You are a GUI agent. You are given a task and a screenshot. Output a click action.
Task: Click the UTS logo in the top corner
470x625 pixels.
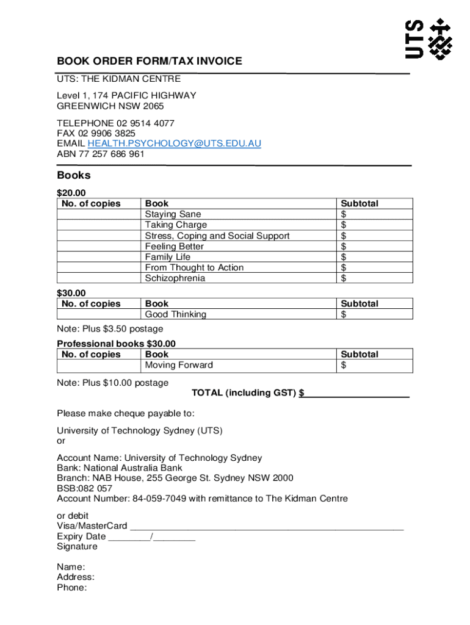pyautogui.click(x=429, y=39)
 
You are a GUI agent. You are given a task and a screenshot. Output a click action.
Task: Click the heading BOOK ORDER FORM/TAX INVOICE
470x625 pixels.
pyautogui.click(x=150, y=61)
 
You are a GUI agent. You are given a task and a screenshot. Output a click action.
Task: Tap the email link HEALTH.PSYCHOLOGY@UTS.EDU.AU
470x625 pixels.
pyautogui.click(x=175, y=143)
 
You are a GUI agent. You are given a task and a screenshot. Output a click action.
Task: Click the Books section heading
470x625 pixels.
pyautogui.click(x=74, y=176)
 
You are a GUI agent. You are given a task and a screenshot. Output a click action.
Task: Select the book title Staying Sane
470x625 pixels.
pyautogui.click(x=173, y=214)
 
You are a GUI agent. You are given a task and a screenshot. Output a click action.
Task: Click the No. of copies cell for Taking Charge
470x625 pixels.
pyautogui.click(x=98, y=225)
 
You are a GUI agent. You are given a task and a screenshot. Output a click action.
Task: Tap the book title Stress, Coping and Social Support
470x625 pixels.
pyautogui.click(x=217, y=236)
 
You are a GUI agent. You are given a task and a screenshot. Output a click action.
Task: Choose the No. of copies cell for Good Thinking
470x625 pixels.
pyautogui.click(x=98, y=314)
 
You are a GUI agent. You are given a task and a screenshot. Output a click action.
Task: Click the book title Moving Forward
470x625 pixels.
pyautogui.click(x=179, y=365)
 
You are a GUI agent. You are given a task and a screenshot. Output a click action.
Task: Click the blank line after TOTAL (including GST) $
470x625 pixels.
pyautogui.click(x=356, y=393)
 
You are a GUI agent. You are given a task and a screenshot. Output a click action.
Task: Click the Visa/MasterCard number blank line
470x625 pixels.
pyautogui.click(x=267, y=526)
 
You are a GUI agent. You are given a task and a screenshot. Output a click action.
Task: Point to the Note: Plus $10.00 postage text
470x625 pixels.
pyautogui.click(x=113, y=383)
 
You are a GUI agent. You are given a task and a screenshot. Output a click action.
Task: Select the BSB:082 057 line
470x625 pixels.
pyautogui.click(x=85, y=488)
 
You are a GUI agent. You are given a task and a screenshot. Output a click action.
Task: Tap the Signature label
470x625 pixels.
pyautogui.click(x=77, y=546)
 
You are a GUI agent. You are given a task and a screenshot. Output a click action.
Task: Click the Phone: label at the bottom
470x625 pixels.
pyautogui.click(x=72, y=588)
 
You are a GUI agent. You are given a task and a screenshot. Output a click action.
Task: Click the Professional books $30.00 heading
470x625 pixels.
pyautogui.click(x=116, y=344)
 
